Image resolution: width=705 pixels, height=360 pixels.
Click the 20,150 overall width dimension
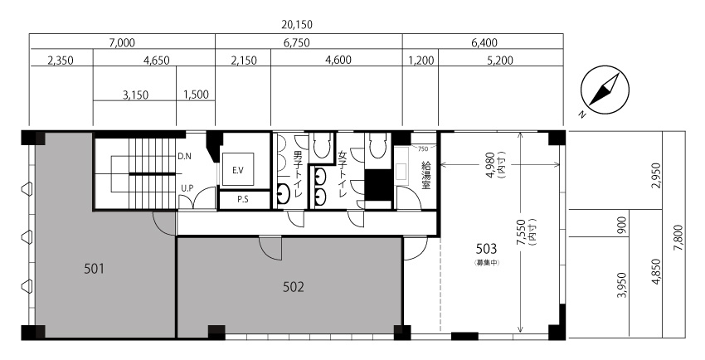[296, 24]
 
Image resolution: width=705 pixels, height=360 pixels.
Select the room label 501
[94, 269]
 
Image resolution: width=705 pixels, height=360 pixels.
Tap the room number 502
[293, 287]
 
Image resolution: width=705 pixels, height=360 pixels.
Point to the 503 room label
[486, 249]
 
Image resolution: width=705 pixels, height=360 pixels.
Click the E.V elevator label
[238, 170]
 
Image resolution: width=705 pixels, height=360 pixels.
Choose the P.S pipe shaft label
[243, 200]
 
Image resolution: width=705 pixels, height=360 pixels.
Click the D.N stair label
[184, 157]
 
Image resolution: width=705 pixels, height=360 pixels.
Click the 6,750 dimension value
[297, 42]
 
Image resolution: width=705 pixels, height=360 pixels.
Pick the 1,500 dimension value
[196, 95]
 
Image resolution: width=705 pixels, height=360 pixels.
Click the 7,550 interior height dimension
[524, 232]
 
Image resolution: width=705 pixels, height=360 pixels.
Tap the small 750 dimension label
[423, 149]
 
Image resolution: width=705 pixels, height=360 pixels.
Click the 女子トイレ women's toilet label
[343, 174]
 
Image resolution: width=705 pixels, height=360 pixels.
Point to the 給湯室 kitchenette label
[425, 176]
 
